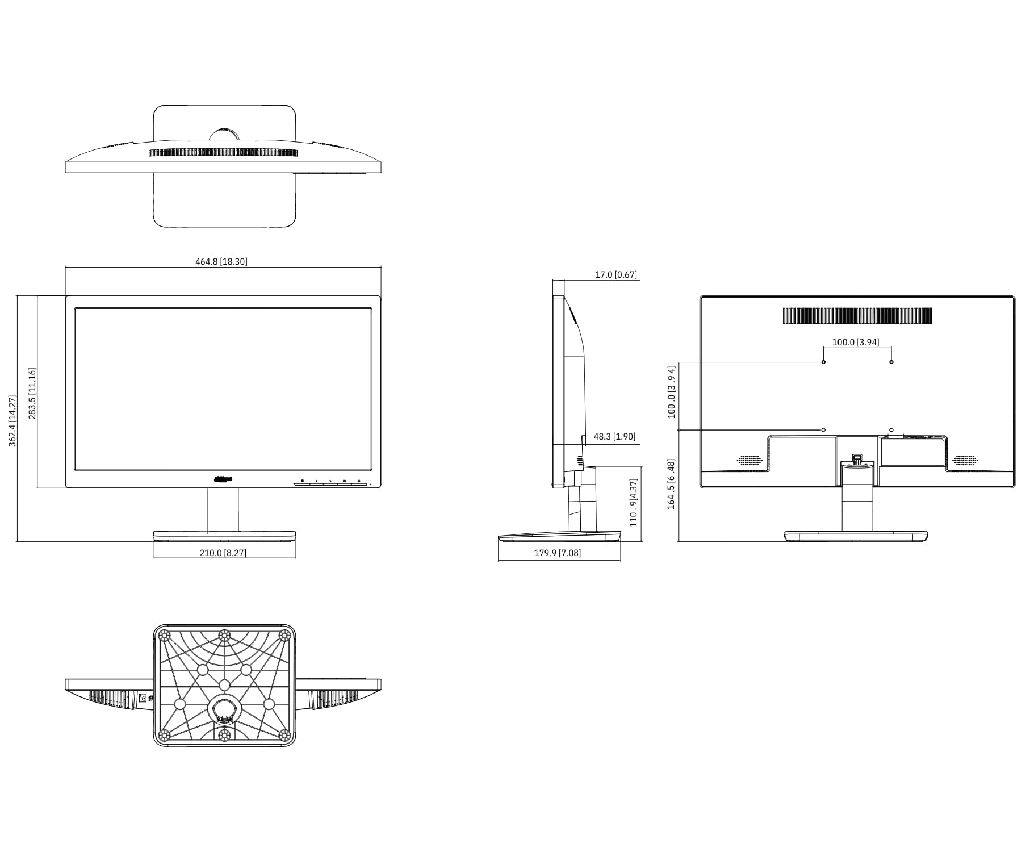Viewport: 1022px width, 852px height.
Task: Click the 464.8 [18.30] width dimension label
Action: [221, 262]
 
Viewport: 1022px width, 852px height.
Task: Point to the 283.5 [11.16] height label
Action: [32, 394]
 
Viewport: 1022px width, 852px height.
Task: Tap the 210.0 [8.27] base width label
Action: [223, 553]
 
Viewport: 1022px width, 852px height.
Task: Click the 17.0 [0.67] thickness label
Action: [615, 275]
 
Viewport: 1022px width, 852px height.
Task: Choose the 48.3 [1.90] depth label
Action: [614, 437]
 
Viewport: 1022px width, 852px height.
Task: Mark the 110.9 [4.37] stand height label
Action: [634, 503]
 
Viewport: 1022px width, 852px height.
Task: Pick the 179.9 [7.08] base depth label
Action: [557, 553]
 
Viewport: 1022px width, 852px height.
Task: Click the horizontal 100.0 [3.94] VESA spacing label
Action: [855, 343]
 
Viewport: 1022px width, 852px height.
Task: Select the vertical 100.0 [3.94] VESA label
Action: [672, 392]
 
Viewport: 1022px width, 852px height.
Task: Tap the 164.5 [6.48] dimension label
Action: [672, 484]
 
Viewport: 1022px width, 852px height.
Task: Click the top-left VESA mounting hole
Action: [824, 362]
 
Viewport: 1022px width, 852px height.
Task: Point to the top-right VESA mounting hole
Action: [891, 362]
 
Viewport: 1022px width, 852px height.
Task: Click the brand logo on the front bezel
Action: [223, 479]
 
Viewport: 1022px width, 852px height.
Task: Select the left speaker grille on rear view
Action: [749, 460]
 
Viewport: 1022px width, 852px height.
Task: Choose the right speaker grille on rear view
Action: [965, 460]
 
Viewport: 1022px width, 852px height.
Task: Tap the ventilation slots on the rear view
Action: [857, 316]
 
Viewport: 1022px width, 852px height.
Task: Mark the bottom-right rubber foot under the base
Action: [284, 735]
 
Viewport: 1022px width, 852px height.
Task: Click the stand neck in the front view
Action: [223, 509]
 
